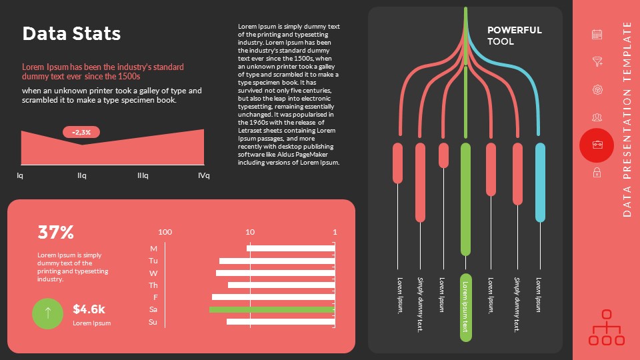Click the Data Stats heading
pos(71,34)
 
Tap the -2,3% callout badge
pos(82,132)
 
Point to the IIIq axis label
pos(143,176)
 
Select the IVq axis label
pos(203,176)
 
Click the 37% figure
pos(55,233)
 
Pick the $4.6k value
pos(89,309)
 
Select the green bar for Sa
pos(271,310)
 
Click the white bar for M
pos(290,248)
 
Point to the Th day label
pos(153,285)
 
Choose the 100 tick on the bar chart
pos(165,232)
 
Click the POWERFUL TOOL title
pos(514,35)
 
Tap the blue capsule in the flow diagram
pos(540,182)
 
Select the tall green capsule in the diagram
pos(465,199)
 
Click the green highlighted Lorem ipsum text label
pos(465,307)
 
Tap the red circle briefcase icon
pos(597,145)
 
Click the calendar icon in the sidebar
pos(597,34)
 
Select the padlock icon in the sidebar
pos(597,173)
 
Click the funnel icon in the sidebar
pos(597,62)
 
